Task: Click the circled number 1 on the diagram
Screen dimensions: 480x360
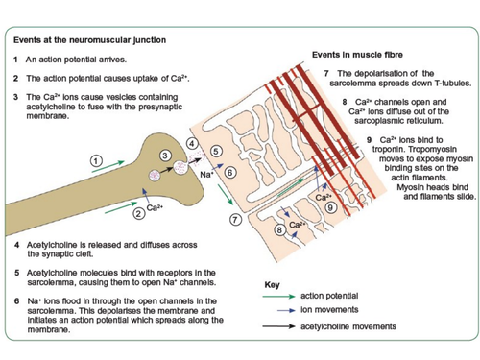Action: point(96,160)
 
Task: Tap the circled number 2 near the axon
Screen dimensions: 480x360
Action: point(139,213)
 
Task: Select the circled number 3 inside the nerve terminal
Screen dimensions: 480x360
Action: point(165,156)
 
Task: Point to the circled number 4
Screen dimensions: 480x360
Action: point(192,143)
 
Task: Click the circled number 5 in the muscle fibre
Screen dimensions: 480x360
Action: point(216,151)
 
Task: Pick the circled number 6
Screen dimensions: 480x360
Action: point(230,173)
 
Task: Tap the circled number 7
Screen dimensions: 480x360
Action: point(235,220)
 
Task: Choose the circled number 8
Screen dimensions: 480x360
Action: point(279,229)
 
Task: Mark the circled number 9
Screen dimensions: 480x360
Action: point(330,208)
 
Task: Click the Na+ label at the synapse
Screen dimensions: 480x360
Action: point(206,175)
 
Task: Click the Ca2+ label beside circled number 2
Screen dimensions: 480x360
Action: point(155,208)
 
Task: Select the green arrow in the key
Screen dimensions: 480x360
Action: point(278,297)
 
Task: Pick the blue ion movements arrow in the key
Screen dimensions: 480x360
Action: point(286,310)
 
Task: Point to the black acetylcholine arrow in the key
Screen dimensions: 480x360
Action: point(278,326)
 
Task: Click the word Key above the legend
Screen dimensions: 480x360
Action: point(272,285)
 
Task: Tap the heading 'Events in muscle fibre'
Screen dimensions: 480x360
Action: point(357,55)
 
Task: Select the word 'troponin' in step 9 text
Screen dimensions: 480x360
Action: point(389,150)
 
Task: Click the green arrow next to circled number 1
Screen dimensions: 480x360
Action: point(108,167)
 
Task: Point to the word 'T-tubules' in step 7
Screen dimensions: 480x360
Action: point(452,84)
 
